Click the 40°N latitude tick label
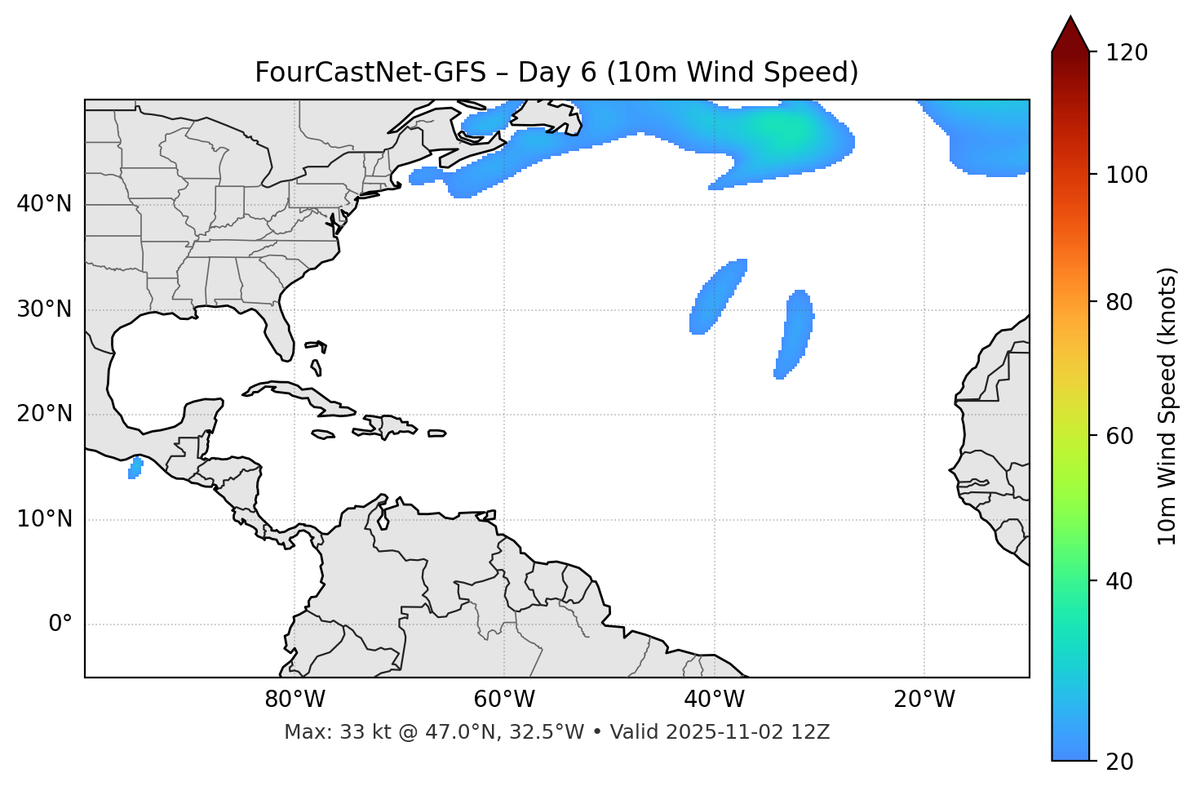tap(44, 204)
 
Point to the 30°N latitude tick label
tap(44, 309)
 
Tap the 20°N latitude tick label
tap(44, 414)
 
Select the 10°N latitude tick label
tap(44, 519)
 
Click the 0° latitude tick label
tap(60, 624)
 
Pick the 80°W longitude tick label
tap(295, 700)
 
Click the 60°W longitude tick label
tap(504, 700)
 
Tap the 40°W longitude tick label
tap(715, 700)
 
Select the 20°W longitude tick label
tap(924, 700)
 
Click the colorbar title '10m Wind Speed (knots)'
tap(1167, 406)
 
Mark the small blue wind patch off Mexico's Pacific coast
tap(135, 468)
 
